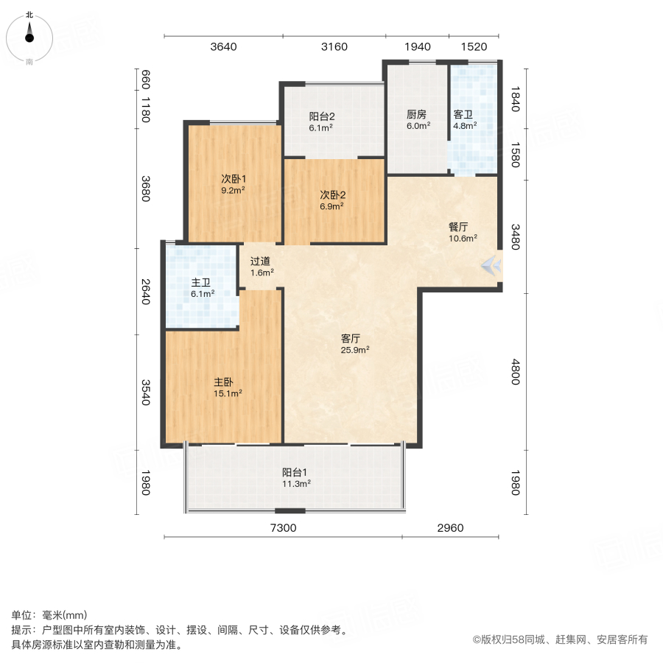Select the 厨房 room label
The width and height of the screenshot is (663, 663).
[x=416, y=115]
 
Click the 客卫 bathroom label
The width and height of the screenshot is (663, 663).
[x=463, y=115]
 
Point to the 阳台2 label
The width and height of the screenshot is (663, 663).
[x=322, y=116]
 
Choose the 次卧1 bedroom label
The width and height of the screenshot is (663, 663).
[x=234, y=179]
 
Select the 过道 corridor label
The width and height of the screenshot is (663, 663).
[x=260, y=261]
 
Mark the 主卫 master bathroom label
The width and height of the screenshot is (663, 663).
[x=202, y=283]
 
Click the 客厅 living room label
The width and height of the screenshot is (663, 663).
[x=351, y=339]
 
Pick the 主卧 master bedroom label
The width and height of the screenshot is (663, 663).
[x=223, y=382]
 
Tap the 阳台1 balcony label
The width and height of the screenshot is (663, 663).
[x=295, y=473]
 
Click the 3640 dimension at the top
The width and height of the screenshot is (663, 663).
[x=223, y=47]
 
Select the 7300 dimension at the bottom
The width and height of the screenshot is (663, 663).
[x=283, y=528]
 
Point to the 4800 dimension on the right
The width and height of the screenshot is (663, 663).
[x=516, y=371]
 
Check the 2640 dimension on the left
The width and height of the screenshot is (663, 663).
[x=146, y=291]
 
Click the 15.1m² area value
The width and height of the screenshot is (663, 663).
[x=228, y=393]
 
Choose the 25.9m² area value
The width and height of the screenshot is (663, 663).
[x=355, y=350]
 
